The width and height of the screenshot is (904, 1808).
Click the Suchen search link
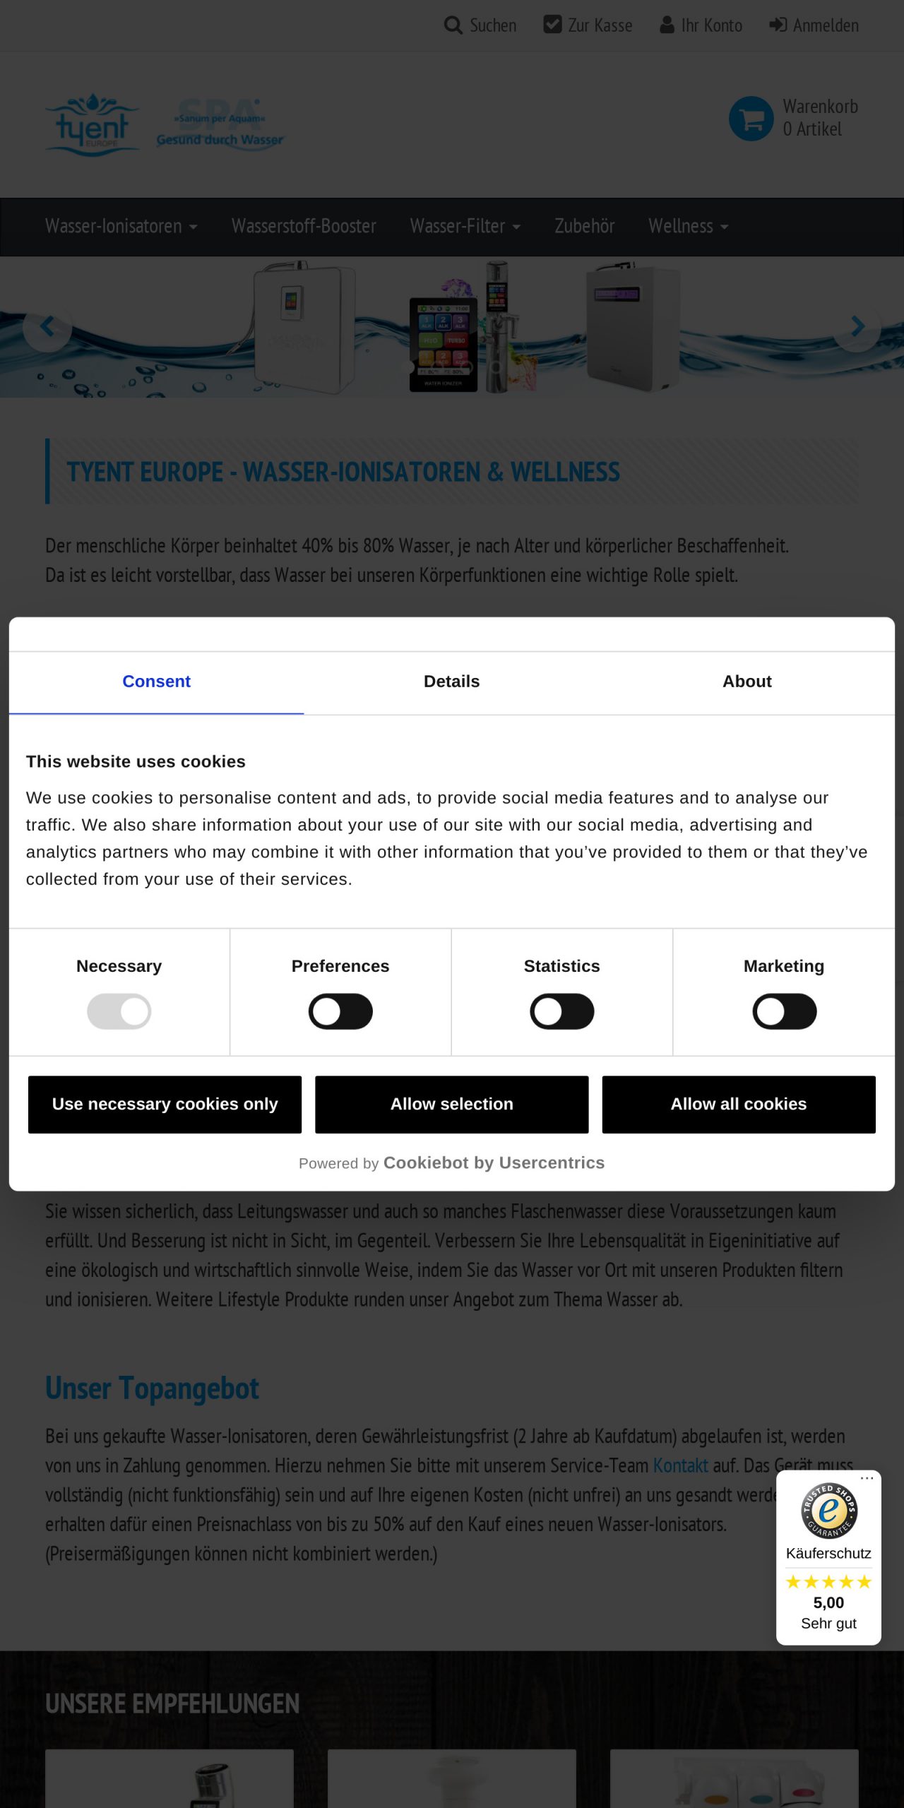click(x=480, y=25)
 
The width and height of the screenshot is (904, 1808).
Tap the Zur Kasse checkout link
click(x=588, y=25)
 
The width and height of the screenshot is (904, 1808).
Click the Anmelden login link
click(x=814, y=25)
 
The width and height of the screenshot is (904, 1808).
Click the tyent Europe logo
click(x=92, y=125)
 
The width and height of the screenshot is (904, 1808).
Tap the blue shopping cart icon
click(x=751, y=119)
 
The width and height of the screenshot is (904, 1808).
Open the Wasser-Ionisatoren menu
click(x=121, y=226)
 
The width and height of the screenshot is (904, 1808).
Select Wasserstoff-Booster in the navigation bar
click(x=304, y=226)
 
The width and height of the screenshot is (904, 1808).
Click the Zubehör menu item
click(x=584, y=226)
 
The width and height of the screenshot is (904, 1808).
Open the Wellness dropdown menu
click(x=688, y=226)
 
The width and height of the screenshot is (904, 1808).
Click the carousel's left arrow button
click(x=47, y=327)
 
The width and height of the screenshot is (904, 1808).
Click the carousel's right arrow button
click(x=857, y=327)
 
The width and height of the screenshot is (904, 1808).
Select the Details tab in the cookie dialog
click(x=451, y=682)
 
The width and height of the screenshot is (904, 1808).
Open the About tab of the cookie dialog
click(x=747, y=682)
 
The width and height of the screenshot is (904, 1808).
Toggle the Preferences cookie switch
click(x=340, y=1011)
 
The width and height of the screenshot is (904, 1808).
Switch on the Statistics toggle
click(x=562, y=1011)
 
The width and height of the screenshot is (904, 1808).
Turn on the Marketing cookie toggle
click(x=784, y=1011)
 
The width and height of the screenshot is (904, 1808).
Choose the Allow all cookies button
click(x=738, y=1104)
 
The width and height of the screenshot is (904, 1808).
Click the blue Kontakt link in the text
click(x=680, y=1465)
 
